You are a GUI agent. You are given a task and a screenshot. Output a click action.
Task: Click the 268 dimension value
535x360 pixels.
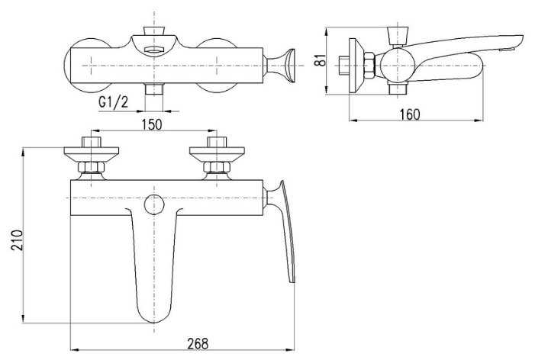198,345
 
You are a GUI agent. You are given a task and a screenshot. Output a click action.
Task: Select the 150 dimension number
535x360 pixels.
152,125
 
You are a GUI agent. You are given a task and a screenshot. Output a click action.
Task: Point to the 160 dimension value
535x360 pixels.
410,114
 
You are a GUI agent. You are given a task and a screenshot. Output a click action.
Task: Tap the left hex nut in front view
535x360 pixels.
93,168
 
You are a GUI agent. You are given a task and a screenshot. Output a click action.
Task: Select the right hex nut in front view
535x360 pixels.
215,168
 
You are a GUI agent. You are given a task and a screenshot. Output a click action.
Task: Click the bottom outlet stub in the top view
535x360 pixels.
156,89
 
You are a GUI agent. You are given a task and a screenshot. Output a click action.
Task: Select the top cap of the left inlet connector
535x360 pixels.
93,141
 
